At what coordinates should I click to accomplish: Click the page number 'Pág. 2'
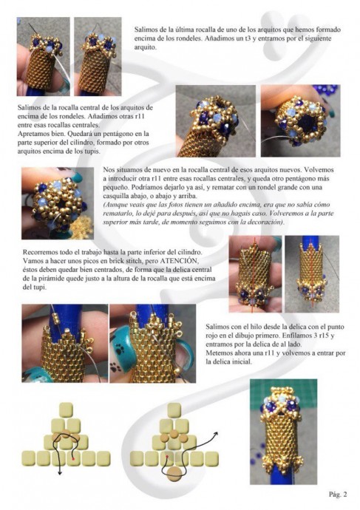point(338,494)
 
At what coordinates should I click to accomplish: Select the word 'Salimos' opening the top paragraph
point(145,30)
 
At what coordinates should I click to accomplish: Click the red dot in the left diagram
point(73,458)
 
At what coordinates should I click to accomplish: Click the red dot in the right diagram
point(167,456)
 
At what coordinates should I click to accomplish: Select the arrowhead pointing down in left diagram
point(60,473)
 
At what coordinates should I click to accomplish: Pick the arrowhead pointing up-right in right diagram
point(215,434)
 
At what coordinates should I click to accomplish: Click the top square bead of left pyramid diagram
point(66,409)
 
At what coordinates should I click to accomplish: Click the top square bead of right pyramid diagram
point(174,409)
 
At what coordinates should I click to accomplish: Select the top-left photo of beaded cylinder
point(44,57)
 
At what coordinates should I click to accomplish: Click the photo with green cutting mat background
point(283,432)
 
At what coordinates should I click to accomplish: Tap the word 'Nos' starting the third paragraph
point(108,170)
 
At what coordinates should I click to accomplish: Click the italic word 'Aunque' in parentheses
point(115,205)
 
